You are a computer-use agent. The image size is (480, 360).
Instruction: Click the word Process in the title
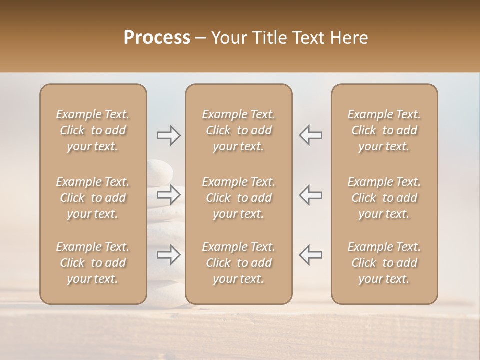157,38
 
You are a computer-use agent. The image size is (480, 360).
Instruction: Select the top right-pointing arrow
169,135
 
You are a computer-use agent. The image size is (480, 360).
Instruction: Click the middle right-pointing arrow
169,195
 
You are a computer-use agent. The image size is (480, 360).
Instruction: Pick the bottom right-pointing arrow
169,255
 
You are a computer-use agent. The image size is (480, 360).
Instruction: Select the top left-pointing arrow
310,135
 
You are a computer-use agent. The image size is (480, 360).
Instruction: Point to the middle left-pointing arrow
310,195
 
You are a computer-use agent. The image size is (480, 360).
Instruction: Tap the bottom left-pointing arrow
310,255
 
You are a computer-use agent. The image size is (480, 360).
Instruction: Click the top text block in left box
93,130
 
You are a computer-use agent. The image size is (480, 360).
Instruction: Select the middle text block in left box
93,198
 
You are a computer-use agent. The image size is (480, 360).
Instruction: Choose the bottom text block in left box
93,263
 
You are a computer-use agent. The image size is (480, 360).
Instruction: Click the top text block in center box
239,130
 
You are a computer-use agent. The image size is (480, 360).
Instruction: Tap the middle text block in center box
239,198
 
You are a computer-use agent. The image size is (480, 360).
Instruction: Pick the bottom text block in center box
239,263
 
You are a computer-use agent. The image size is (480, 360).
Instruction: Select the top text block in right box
384,130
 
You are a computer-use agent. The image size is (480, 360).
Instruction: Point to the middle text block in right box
384,198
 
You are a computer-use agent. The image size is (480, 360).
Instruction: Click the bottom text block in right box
384,263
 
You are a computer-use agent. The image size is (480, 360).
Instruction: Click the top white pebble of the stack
160,170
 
